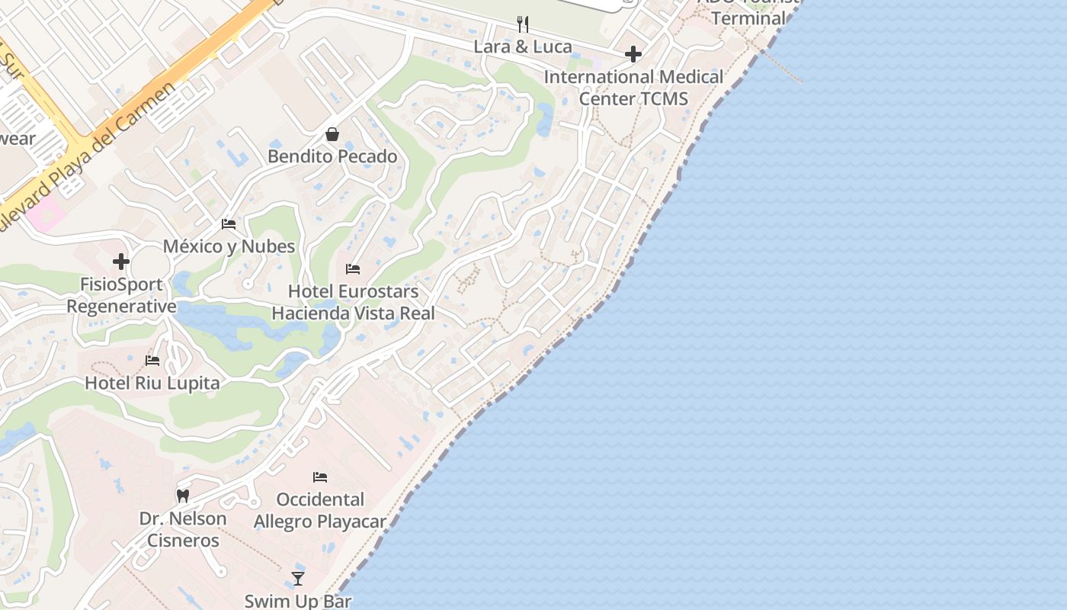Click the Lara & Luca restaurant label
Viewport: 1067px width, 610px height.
[523, 47]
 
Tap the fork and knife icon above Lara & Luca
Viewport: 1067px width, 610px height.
[523, 24]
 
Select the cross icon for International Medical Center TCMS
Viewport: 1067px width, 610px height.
[633, 54]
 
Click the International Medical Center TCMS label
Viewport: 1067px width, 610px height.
[633, 88]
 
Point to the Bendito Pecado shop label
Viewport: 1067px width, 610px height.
[332, 156]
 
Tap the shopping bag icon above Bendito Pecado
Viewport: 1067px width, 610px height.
[332, 134]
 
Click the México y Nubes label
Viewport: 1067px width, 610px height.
[229, 246]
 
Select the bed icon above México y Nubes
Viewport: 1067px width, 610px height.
[229, 224]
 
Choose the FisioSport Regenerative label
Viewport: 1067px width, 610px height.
[121, 295]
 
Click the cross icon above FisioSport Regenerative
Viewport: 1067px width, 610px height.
[121, 262]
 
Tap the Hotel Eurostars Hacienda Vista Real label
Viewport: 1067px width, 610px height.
[354, 302]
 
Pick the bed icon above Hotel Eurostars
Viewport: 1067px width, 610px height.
[353, 269]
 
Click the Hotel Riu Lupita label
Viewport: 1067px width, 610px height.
[152, 383]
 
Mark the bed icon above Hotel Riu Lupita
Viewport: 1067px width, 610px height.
[152, 361]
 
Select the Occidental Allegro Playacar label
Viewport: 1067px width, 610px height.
[320, 511]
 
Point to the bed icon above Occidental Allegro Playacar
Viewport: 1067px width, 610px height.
[320, 477]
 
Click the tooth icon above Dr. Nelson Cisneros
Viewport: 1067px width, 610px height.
[182, 496]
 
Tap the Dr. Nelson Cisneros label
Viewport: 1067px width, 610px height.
[183, 529]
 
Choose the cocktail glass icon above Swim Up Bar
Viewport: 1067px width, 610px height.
[298, 579]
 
